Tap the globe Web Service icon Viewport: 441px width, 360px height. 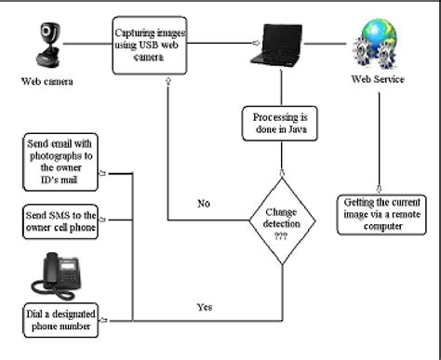[376, 42]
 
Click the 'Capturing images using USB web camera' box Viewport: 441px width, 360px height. [151, 44]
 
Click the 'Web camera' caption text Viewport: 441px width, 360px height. [47, 81]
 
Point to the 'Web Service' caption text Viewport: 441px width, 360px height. [378, 79]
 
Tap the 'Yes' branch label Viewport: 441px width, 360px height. [206, 304]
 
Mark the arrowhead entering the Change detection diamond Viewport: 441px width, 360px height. [281, 173]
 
